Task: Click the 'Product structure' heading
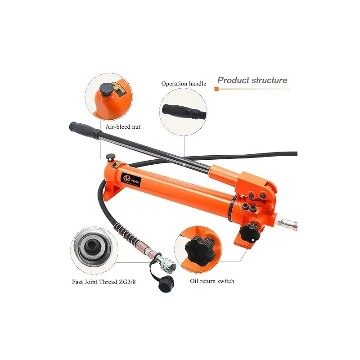pyautogui.click(x=252, y=81)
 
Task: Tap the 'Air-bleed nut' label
pyautogui.click(x=123, y=127)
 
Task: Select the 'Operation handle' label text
pyautogui.click(x=184, y=84)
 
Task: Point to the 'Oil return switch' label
pyautogui.click(x=211, y=281)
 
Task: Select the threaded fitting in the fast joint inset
pyautogui.click(x=92, y=247)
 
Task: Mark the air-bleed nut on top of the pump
pyautogui.click(x=109, y=157)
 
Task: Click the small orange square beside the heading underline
pyautogui.click(x=216, y=89)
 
